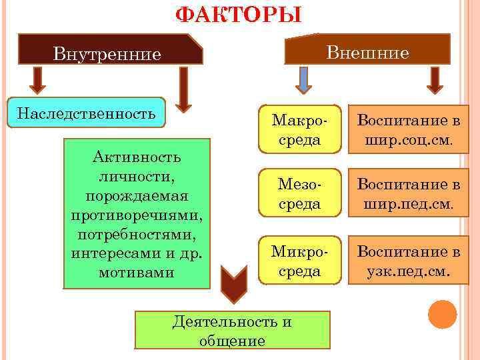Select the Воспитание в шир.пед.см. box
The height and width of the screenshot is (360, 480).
point(409,193)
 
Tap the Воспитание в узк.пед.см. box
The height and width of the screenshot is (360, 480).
point(409,261)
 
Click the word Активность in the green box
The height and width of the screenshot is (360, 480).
point(136,157)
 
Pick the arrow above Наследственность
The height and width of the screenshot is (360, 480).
point(38,81)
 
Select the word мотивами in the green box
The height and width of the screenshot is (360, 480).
point(136,273)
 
